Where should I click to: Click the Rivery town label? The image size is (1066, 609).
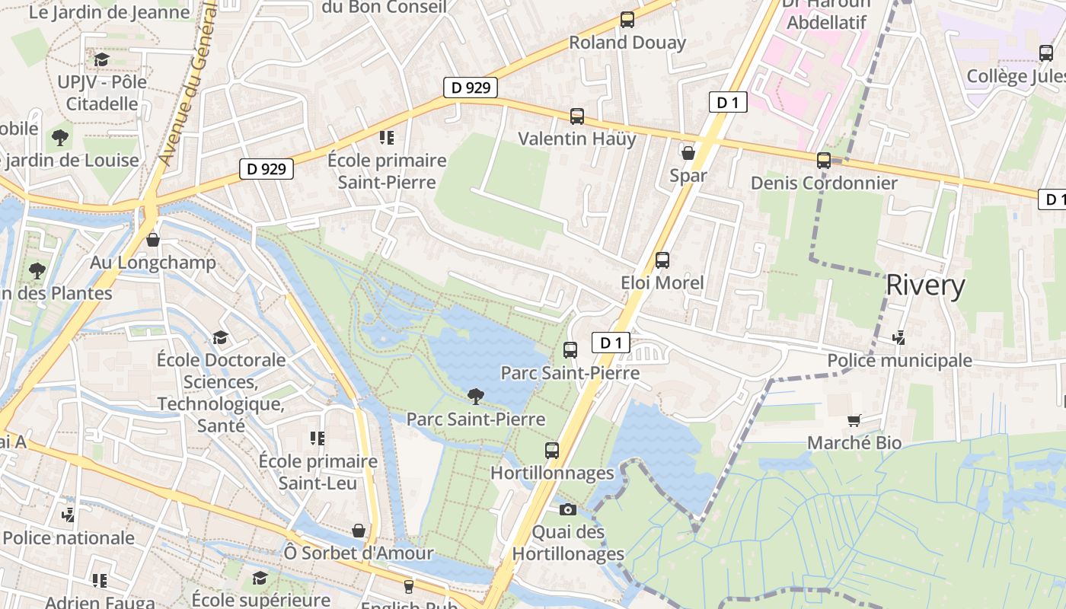925,285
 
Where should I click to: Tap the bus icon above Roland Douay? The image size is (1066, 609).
627,21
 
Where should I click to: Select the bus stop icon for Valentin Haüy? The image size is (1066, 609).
577,116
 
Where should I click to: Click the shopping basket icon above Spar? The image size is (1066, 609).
688,153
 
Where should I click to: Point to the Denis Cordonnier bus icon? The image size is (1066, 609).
823,161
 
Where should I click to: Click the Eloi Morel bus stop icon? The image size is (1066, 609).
662,260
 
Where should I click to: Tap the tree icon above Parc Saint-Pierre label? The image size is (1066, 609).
476,396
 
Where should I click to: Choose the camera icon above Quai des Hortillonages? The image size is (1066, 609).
567,509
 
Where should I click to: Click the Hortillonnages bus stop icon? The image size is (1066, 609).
552,451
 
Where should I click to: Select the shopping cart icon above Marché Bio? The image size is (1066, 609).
854,420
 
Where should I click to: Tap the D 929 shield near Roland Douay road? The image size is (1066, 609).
471,88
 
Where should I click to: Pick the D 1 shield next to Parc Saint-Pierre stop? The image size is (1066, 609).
611,343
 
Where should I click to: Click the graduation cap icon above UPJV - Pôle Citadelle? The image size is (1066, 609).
101,59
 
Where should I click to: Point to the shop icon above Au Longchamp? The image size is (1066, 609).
153,240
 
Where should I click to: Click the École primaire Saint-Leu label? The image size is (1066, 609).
318,472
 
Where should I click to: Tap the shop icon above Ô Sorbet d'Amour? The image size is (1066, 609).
358,531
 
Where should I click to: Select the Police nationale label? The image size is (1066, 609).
69,537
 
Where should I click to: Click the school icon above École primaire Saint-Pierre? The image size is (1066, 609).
386,138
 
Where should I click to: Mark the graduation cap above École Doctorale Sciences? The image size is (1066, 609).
220,337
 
